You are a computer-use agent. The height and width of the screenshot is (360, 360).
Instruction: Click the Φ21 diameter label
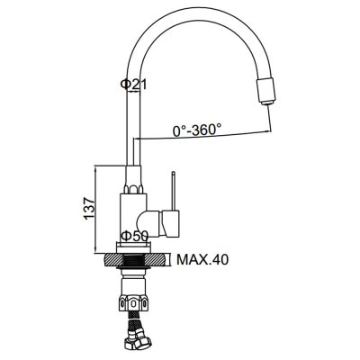click(x=133, y=85)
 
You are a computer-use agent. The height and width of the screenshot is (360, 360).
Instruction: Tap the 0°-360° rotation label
click(x=197, y=130)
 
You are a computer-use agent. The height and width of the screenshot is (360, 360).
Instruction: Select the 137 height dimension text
click(x=89, y=209)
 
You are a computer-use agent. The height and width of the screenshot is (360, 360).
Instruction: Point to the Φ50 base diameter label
click(x=134, y=236)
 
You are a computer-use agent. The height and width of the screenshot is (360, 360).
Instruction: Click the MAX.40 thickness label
click(x=202, y=259)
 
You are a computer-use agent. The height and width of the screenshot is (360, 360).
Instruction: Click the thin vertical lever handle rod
click(x=173, y=191)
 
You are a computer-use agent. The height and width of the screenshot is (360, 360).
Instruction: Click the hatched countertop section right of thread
click(x=156, y=260)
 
